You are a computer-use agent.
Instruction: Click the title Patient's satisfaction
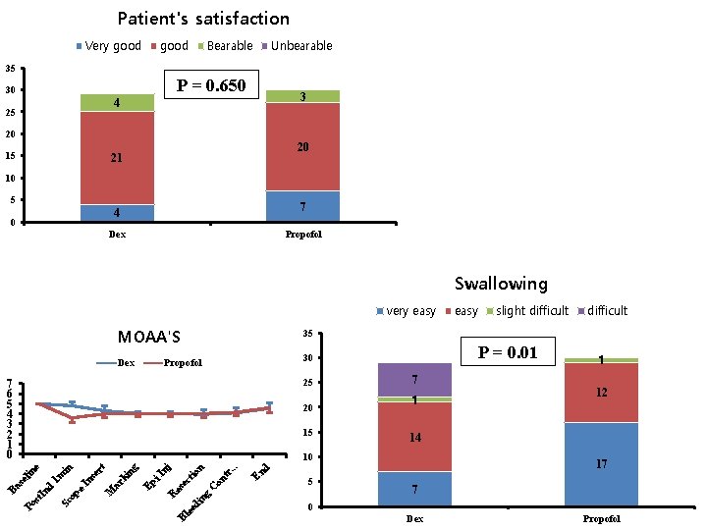coord(203,19)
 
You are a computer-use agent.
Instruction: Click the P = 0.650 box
coord(210,86)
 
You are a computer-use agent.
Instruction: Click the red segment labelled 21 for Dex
coord(117,157)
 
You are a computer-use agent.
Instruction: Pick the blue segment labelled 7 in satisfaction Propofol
coord(302,206)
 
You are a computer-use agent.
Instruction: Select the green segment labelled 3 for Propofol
coord(302,96)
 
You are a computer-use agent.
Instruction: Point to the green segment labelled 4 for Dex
coord(117,102)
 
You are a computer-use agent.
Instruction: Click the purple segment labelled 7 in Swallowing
coord(414,379)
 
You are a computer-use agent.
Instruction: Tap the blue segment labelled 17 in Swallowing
coord(601,463)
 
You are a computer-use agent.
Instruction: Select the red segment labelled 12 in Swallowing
coord(601,392)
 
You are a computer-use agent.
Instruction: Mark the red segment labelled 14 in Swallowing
coord(414,437)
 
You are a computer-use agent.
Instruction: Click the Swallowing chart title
coord(501,284)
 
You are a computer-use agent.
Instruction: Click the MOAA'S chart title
coord(149,338)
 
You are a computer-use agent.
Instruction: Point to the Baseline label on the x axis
coord(24,477)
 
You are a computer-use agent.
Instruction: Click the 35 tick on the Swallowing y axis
coord(307,335)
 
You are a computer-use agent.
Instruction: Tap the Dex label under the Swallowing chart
coord(414,518)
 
